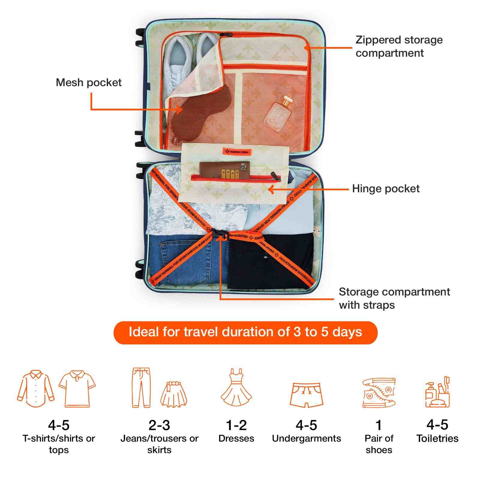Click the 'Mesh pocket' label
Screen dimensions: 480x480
[89, 82]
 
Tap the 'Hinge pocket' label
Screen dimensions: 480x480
[386, 189]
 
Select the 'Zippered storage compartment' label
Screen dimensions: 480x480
[399, 46]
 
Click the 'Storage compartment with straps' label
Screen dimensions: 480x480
[394, 298]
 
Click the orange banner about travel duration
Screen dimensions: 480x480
[245, 332]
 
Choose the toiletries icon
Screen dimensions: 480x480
[438, 392]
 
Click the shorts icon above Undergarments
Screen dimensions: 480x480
[306, 394]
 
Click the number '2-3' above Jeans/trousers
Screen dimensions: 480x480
[159, 425]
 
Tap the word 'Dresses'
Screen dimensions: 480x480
[236, 439]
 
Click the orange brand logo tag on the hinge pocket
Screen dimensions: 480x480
[237, 152]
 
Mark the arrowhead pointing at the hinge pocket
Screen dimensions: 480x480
[270, 190]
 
